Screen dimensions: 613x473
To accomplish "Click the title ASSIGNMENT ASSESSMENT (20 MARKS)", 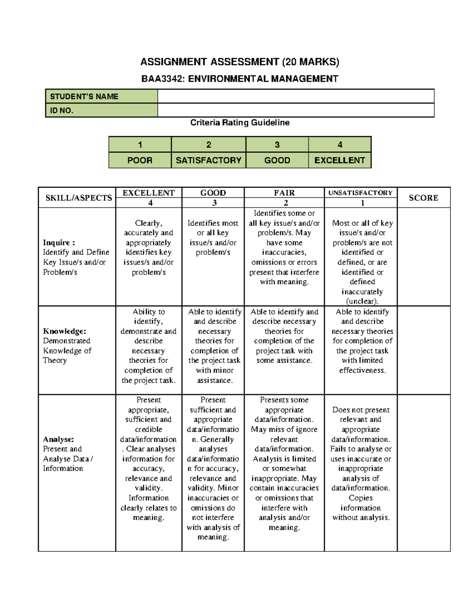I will click(x=240, y=62).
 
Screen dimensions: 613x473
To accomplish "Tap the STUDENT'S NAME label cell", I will click(x=102, y=96).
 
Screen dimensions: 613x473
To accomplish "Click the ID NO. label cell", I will click(x=102, y=111).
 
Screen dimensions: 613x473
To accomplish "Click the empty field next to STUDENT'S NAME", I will click(x=296, y=96).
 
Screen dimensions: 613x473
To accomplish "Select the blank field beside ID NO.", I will click(x=296, y=111).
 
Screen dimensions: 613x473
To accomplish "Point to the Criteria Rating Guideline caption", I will click(x=240, y=123).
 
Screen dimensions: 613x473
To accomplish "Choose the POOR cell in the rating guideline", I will click(x=140, y=160).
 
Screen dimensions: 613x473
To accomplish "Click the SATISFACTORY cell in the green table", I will click(x=209, y=160).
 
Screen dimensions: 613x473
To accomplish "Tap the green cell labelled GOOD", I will click(x=277, y=160).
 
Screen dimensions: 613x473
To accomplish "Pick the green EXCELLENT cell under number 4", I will click(x=339, y=160).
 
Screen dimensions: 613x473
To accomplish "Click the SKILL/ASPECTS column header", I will click(x=78, y=198).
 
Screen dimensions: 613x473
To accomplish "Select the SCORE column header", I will click(x=423, y=198).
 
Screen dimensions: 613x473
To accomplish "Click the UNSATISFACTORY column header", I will click(x=360, y=193).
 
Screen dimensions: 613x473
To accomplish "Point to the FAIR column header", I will click(x=284, y=193).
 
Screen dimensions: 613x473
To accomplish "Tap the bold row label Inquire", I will click(x=58, y=242).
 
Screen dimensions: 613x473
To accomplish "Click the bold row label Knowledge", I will click(x=64, y=331).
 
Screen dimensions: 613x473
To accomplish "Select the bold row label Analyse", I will click(x=58, y=439).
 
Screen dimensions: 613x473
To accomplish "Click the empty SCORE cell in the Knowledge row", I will click(x=423, y=350).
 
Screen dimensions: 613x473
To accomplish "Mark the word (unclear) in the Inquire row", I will click(x=362, y=301).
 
